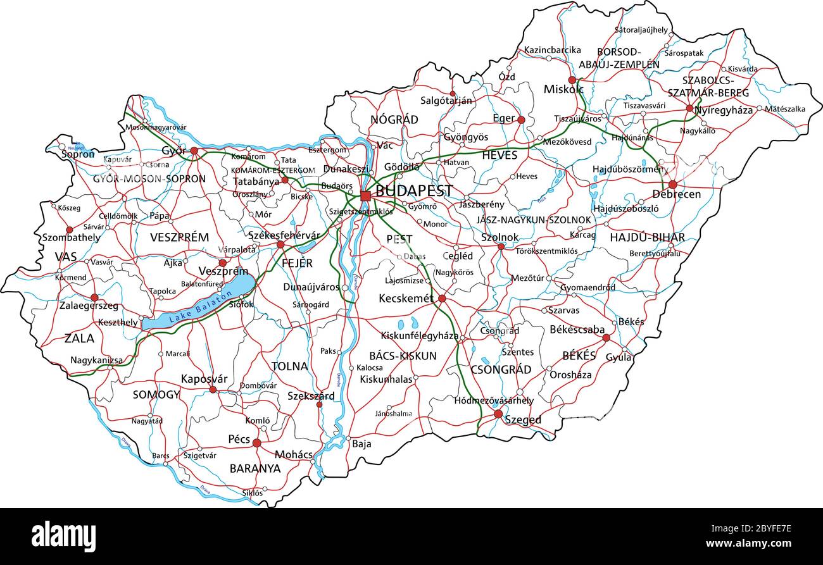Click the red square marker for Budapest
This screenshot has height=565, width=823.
pos(365,196)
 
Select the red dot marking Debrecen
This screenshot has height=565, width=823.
pos(672,185)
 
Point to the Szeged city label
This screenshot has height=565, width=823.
pos(523,420)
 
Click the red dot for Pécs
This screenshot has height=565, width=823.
pos(256,444)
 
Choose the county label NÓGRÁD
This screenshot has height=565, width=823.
pos(394,120)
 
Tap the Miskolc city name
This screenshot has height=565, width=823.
pos(563,90)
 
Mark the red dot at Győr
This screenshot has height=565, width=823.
pos(194,151)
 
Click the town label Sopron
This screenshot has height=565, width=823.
pos(78,154)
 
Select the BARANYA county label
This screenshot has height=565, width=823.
pos(254,469)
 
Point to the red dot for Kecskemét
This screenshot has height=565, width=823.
pos(442,298)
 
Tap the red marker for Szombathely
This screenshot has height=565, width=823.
pos(70,230)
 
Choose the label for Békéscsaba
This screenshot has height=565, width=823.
pos(577,330)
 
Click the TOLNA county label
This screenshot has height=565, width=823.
pos(289,366)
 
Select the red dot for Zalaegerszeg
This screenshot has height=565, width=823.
pos(94,297)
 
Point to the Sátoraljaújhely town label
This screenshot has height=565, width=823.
pos(641,30)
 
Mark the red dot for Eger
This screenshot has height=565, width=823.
pos(521,120)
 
